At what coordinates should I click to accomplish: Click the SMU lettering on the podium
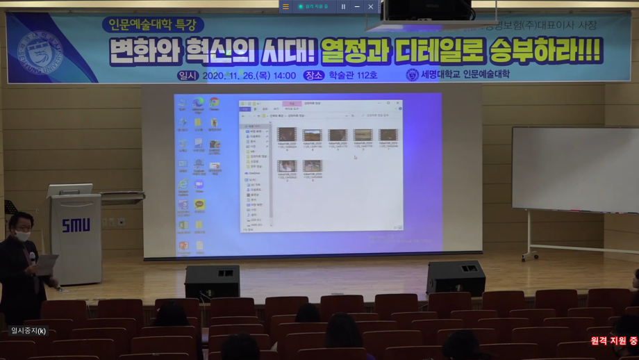pyautogui.click(x=76, y=226)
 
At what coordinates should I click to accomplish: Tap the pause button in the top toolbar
pyautogui.click(x=343, y=6)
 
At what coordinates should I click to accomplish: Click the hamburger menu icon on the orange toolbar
pyautogui.click(x=285, y=6)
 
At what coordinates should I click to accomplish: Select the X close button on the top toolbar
pyautogui.click(x=370, y=6)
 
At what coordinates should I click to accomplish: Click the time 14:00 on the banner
pyautogui.click(x=283, y=75)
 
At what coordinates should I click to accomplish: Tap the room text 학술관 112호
pyautogui.click(x=353, y=75)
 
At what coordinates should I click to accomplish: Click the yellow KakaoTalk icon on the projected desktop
pyautogui.click(x=199, y=205)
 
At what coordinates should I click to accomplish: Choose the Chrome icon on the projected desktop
pyautogui.click(x=214, y=103)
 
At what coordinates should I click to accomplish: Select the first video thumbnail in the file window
pyautogui.click(x=287, y=135)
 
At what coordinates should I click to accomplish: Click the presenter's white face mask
pyautogui.click(x=23, y=236)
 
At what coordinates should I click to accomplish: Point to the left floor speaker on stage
pyautogui.click(x=212, y=281)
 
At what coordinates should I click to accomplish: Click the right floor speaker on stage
pyautogui.click(x=456, y=278)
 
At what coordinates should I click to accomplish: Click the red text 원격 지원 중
pyautogui.click(x=613, y=341)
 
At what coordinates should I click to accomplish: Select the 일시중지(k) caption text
pyautogui.click(x=28, y=331)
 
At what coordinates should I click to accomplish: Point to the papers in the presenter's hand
pyautogui.click(x=46, y=264)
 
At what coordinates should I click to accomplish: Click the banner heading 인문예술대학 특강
pyautogui.click(x=153, y=25)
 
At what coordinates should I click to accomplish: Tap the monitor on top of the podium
pyautogui.click(x=69, y=190)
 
